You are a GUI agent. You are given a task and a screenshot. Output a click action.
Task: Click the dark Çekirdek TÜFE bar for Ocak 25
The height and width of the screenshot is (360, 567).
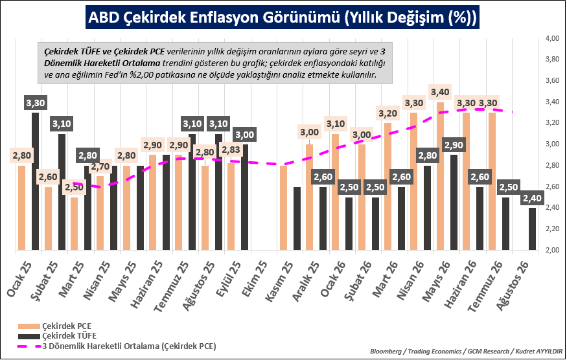click(36, 181)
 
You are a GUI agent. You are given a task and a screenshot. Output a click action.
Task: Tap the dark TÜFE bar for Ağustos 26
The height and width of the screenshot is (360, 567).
click(532, 229)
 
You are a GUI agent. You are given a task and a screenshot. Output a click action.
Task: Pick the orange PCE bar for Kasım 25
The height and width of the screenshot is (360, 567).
click(283, 207)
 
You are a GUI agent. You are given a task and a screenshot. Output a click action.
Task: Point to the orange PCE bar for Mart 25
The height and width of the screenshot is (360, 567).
click(74, 223)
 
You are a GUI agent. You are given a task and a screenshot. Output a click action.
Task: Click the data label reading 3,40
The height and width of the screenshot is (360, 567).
click(440, 92)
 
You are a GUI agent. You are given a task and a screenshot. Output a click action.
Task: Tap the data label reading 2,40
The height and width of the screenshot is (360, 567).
click(532, 197)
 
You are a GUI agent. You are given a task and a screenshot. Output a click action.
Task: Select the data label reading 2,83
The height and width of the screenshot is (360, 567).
click(231, 150)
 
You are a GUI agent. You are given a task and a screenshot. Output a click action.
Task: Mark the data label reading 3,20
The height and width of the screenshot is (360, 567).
click(388, 113)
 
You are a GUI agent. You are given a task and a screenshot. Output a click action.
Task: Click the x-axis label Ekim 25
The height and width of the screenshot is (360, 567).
click(255, 278)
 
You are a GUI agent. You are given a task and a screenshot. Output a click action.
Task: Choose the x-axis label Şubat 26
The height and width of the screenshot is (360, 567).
click(358, 280)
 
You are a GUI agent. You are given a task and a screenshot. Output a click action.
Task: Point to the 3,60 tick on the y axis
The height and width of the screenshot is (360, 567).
click(552, 80)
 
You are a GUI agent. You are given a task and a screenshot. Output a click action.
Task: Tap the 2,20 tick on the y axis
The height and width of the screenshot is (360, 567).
click(552, 229)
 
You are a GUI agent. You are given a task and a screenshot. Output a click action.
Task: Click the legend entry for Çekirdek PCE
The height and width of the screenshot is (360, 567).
click(55, 326)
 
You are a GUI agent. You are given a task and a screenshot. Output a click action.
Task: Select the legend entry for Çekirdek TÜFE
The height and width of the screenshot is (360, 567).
click(58, 336)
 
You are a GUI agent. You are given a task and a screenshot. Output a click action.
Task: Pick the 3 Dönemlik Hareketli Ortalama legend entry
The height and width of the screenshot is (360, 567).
click(117, 346)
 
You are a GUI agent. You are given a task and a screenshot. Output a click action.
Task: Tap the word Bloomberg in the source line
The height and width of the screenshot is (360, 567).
click(386, 352)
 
